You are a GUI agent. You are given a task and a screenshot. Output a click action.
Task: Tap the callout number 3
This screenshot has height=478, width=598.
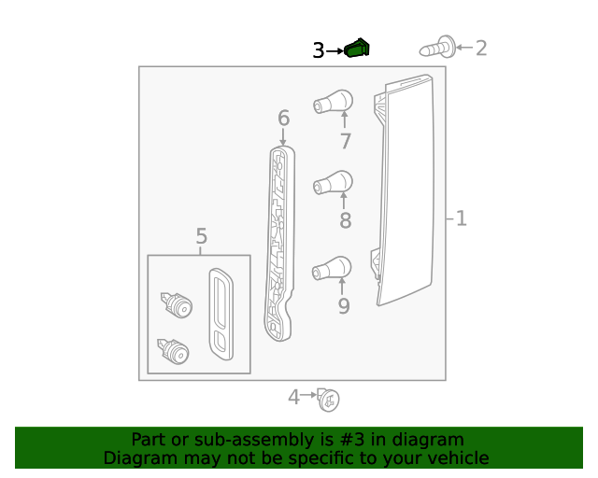tap(319, 50)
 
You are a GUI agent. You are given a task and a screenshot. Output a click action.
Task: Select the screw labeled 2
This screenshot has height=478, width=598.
tap(439, 46)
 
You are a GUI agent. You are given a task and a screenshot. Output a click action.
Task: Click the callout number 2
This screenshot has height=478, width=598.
tap(481, 48)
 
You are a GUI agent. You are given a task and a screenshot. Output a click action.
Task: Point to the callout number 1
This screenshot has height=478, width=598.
tap(461, 218)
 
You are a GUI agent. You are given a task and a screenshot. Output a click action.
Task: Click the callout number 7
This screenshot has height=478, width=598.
tap(345, 141)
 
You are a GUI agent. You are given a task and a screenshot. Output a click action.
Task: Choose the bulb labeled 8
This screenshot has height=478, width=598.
tap(334, 181)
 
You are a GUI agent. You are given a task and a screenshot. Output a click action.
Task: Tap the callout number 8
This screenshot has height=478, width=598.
tap(345, 221)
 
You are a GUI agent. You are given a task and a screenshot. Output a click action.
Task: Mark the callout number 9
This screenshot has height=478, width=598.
tap(344, 305)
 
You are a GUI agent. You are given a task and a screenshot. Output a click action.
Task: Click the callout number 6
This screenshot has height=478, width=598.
tap(283, 119)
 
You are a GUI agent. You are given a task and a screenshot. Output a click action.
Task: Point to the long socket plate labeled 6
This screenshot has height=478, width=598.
tap(279, 243)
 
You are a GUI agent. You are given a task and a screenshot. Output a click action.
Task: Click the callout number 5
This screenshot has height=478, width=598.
tap(201, 236)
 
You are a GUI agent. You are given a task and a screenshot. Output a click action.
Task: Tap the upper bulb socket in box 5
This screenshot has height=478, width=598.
tap(176, 304)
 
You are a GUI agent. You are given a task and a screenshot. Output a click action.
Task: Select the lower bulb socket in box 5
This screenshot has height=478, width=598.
tap(174, 352)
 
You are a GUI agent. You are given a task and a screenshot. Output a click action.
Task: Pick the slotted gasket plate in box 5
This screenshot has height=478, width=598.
tap(221, 315)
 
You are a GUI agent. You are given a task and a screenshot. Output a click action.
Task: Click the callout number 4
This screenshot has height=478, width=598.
tap(293, 398)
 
